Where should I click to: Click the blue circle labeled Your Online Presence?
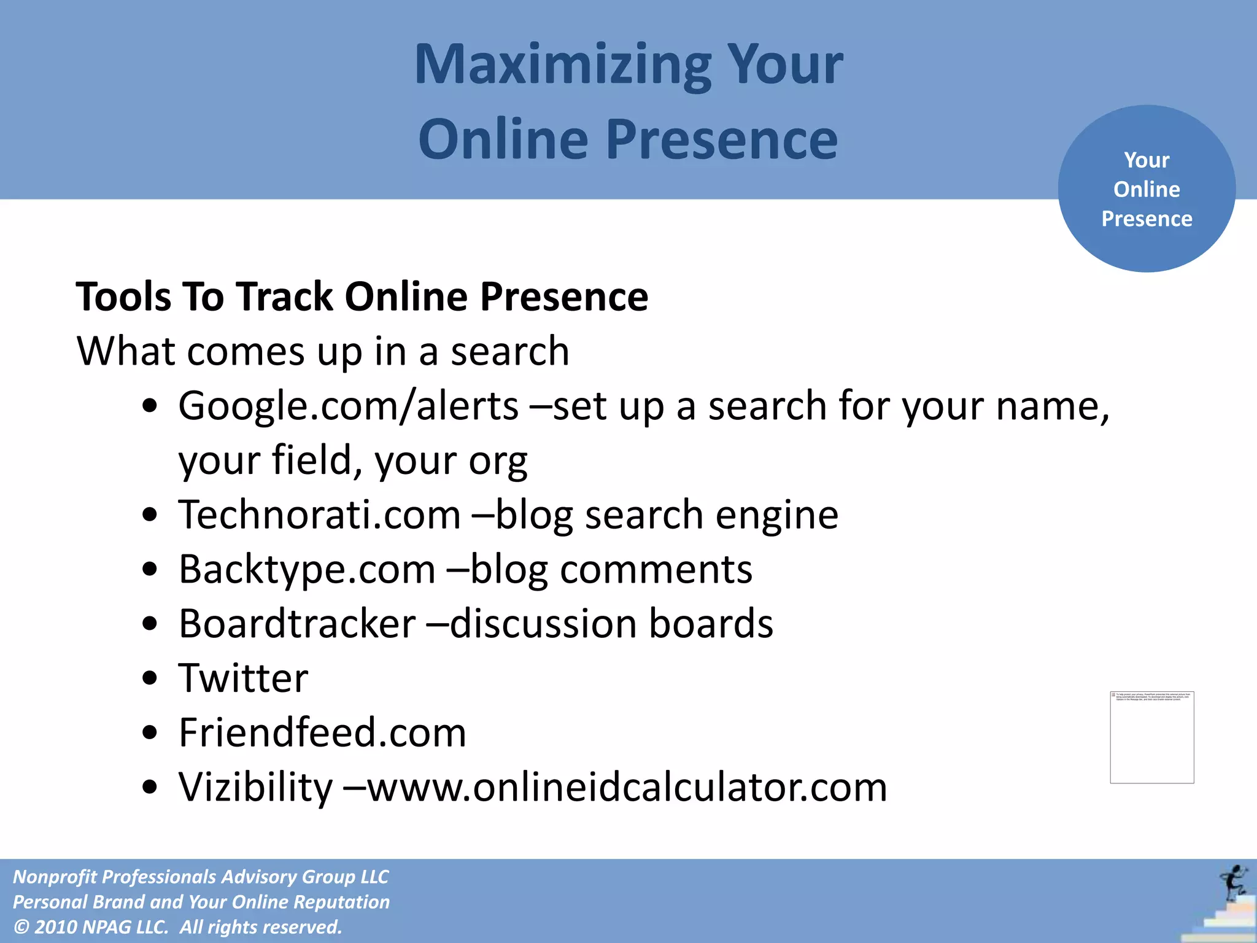tap(1147, 188)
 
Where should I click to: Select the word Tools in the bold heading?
tap(123, 297)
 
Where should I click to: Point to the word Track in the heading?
tap(285, 297)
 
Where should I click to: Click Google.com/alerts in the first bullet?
tap(349, 406)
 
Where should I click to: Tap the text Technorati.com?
tap(320, 514)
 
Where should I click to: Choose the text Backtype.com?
tap(307, 569)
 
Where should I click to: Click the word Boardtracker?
tap(298, 624)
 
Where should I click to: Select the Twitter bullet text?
tap(244, 678)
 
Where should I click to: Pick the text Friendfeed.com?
tap(323, 732)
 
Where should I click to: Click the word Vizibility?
tap(255, 787)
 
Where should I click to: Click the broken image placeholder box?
tap(1152, 737)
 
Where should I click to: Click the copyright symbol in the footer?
tap(21, 927)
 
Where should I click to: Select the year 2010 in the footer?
tap(56, 927)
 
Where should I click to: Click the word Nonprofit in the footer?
tap(54, 877)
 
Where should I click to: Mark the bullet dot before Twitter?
tap(150, 679)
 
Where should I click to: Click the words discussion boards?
tap(611, 624)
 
